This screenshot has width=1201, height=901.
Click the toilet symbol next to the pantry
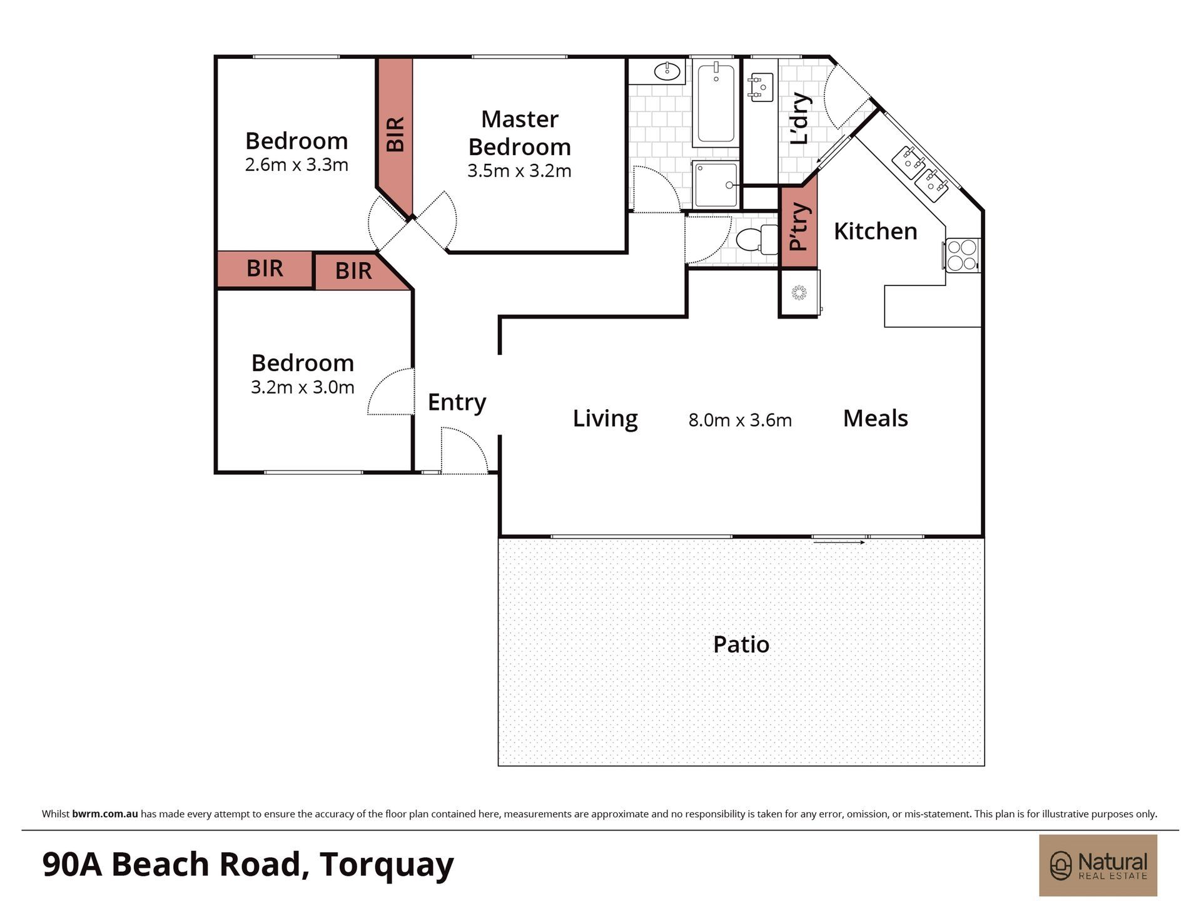[x=757, y=240]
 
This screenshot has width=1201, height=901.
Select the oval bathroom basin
[x=667, y=71]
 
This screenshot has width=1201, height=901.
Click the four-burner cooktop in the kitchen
[x=962, y=255]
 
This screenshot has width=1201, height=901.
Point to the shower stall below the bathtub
[x=716, y=184]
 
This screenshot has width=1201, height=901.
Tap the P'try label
[x=799, y=227]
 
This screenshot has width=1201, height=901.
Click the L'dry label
[x=800, y=119]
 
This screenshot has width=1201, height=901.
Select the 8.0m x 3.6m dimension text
[x=740, y=420]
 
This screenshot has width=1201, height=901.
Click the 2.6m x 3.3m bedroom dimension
[x=296, y=165]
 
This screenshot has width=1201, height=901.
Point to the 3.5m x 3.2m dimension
[x=519, y=171]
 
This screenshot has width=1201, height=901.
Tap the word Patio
[x=741, y=644]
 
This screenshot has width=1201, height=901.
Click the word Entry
[x=457, y=402]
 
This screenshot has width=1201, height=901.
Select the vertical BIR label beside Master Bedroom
[x=395, y=135]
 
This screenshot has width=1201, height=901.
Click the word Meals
[x=875, y=418]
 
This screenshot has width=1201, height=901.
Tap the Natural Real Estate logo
[x=1098, y=866]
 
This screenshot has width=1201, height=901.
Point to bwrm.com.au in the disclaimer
[x=105, y=814]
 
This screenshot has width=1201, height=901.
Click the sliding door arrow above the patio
[x=839, y=542]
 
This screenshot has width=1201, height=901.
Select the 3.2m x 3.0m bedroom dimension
[x=303, y=387]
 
